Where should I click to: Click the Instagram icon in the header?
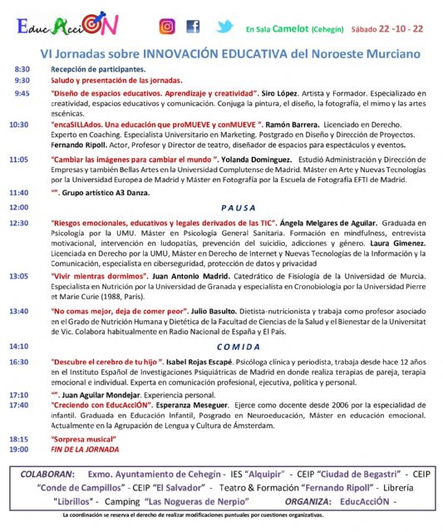tap(166, 27)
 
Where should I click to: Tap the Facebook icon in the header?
tap(193, 27)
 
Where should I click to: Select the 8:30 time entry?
tap(22, 70)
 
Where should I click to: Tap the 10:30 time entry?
tap(18, 125)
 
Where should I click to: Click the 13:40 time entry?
tap(18, 310)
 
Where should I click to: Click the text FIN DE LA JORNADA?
tap(86, 449)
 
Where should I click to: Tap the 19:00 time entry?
tap(18, 449)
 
